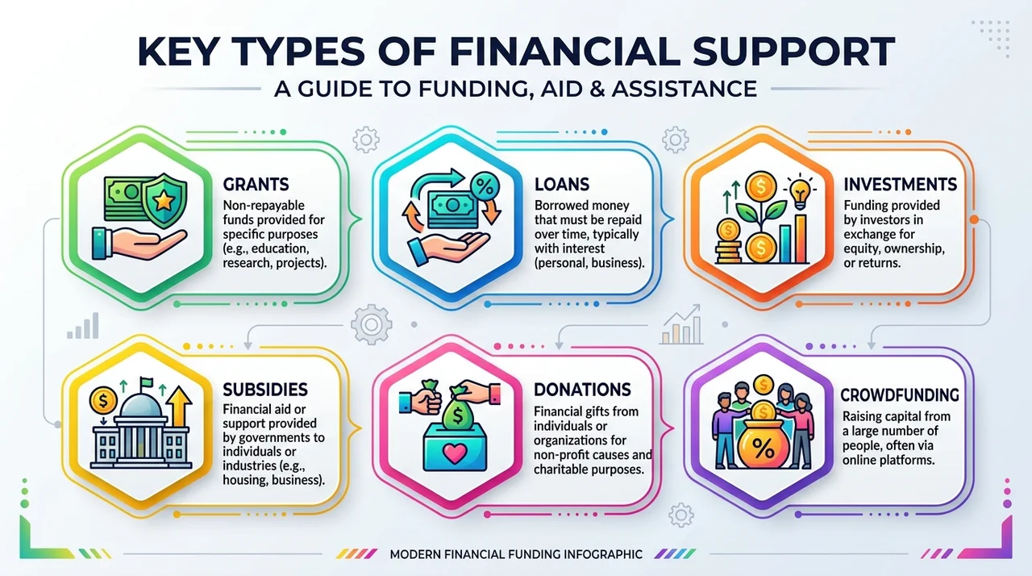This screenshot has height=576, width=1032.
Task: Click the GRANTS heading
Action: click(x=256, y=184)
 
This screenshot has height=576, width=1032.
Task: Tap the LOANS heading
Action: click(x=562, y=184)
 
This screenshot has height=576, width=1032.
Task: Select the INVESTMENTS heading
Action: click(x=901, y=184)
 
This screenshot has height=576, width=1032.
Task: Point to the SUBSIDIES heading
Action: click(x=265, y=390)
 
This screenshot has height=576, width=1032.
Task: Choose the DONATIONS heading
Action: click(x=582, y=390)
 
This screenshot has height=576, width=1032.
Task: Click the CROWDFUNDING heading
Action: click(x=900, y=395)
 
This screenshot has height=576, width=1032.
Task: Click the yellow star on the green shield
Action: click(x=163, y=200)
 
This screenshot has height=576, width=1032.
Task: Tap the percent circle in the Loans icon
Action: click(x=484, y=187)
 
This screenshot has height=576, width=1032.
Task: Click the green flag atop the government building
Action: click(x=147, y=382)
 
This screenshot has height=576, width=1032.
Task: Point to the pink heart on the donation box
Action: click(x=455, y=453)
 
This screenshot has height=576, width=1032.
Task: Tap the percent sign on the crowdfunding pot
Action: click(x=763, y=447)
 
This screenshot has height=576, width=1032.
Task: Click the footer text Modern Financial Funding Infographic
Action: click(x=516, y=554)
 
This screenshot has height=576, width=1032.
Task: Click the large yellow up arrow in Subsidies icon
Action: click(x=179, y=407)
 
